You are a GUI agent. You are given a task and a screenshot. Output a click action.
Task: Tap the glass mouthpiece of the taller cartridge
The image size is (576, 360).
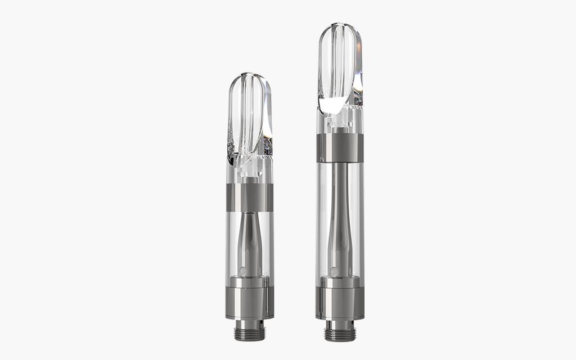[x=339, y=67]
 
